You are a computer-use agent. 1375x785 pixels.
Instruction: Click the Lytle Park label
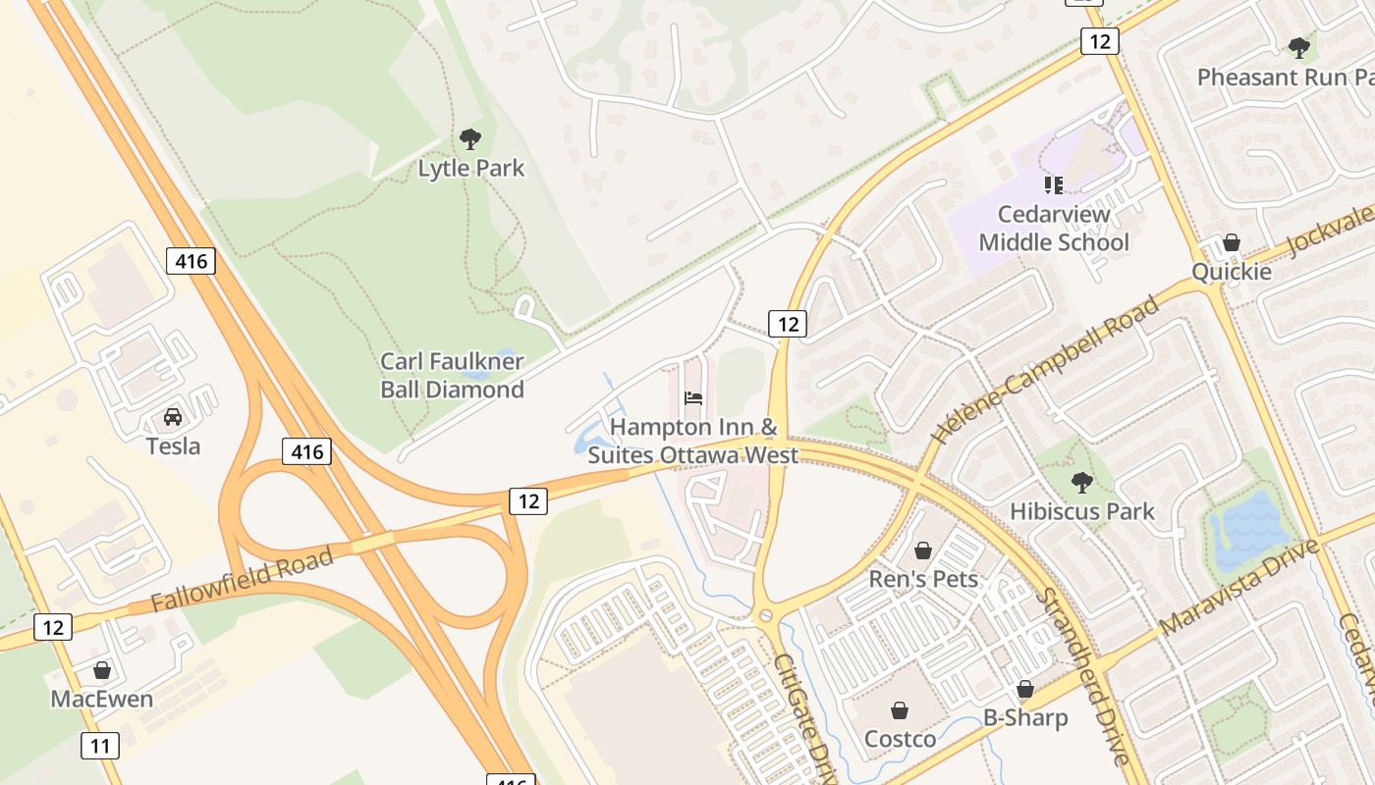pos(471,168)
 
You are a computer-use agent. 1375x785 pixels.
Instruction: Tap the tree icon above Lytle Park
pos(470,139)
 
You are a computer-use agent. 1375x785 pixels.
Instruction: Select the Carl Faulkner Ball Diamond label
pos(453,376)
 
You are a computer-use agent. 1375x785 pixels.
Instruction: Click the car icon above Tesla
pos(173,417)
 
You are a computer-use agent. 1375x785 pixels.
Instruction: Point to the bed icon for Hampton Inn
pos(693,398)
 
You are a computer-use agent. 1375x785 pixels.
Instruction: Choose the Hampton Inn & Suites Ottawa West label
pos(693,442)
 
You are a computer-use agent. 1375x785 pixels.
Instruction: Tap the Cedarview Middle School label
pos(1054,229)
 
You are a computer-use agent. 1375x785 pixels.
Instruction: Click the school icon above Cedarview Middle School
pos(1054,185)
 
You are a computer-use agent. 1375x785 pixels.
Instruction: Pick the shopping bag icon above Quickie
pos(1232,242)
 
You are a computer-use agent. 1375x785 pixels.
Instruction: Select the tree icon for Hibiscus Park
pos(1082,482)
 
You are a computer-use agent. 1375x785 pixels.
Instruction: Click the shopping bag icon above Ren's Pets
pos(923,550)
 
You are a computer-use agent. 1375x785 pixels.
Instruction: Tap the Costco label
pos(901,739)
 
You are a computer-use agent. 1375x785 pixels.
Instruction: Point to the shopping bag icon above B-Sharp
pos(1025,690)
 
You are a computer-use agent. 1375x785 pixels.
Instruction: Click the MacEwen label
pos(102,700)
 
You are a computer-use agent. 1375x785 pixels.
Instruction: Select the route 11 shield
pos(100,746)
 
